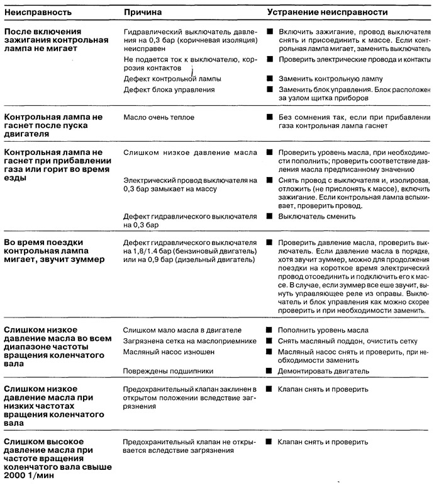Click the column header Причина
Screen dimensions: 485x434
(143, 12)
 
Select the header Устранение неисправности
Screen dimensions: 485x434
(327, 12)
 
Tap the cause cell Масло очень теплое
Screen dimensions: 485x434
(159, 117)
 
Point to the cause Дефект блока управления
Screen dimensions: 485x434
(169, 90)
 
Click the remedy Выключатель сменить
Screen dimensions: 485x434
(317, 216)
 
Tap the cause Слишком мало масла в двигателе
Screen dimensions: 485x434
(182, 330)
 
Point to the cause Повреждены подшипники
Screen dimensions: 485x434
(164, 371)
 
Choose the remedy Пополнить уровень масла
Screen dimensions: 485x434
(323, 330)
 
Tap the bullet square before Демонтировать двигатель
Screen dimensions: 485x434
(269, 371)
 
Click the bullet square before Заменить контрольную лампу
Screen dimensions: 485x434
(269, 79)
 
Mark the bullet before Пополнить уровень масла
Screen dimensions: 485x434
(269, 330)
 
